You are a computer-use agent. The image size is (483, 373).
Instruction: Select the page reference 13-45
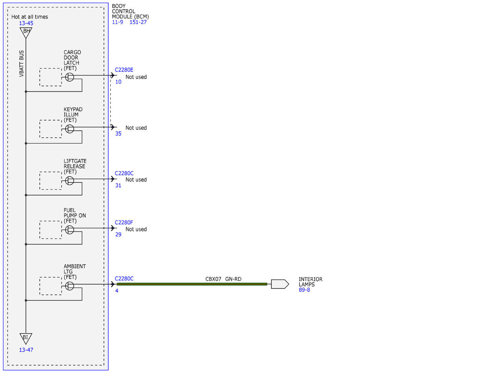point(26,23)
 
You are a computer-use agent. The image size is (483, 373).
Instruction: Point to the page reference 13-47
point(26,350)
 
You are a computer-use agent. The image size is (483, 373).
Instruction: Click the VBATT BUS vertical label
point(21,64)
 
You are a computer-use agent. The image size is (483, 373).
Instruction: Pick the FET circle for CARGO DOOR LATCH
point(70,77)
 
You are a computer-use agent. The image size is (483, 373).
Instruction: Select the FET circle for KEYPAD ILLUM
point(70,129)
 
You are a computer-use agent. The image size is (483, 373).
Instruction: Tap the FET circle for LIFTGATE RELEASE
point(70,181)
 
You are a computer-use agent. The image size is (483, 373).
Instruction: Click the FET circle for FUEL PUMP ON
point(70,230)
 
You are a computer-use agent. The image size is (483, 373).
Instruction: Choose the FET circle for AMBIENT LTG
point(70,286)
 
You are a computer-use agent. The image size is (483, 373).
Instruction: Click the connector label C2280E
point(124,70)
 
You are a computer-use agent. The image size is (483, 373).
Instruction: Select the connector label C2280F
point(124,223)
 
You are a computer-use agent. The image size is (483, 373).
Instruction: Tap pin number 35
point(118,134)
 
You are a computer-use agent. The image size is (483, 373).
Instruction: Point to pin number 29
point(118,234)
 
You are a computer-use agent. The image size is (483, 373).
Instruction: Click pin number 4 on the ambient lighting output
point(117,291)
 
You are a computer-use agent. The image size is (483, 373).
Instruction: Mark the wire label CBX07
point(213,279)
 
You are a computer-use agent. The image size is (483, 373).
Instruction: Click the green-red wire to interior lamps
point(192,284)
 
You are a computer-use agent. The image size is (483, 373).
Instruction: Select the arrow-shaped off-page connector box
point(280,284)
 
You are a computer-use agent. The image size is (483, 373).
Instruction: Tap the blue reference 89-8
point(304,290)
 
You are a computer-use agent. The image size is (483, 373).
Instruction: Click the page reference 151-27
point(138,22)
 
